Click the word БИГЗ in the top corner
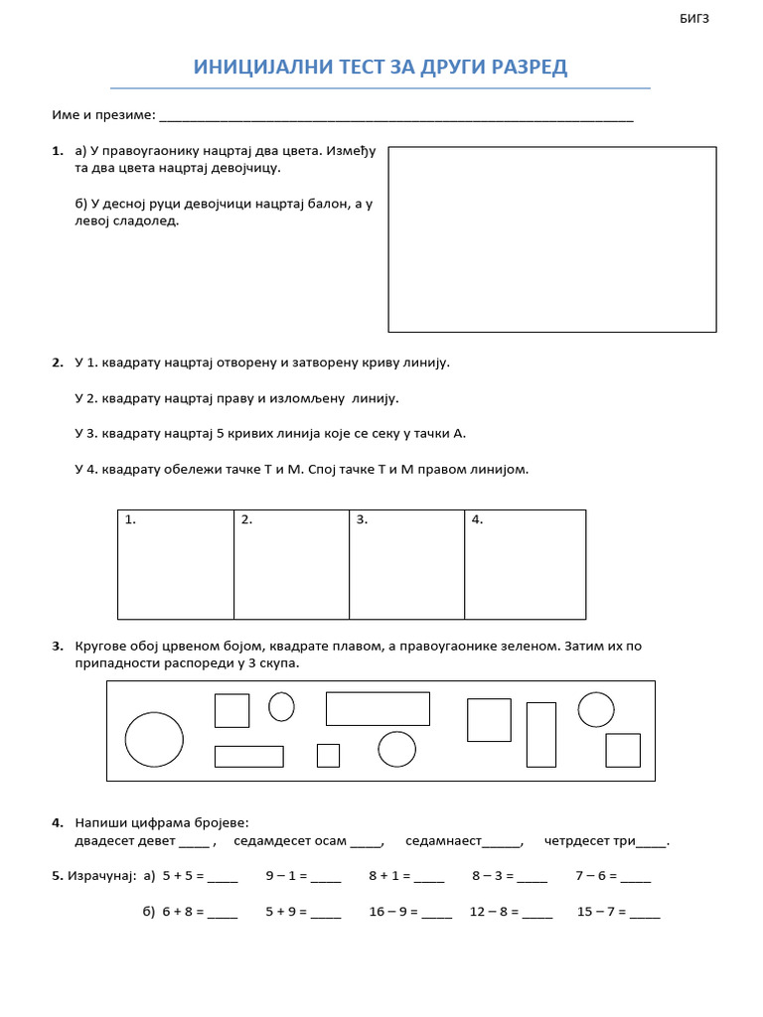tap(695, 19)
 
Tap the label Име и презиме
tap(103, 115)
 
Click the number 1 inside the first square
tap(129, 519)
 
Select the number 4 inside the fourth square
tap(477, 519)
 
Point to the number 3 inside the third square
tap(362, 519)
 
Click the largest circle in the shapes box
tap(154, 739)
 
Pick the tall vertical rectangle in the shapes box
tap(540, 734)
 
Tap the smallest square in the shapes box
tap(328, 755)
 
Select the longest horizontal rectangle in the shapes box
tap(378, 708)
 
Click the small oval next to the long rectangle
tap(282, 706)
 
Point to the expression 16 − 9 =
tap(392, 912)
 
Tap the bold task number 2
tap(57, 363)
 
